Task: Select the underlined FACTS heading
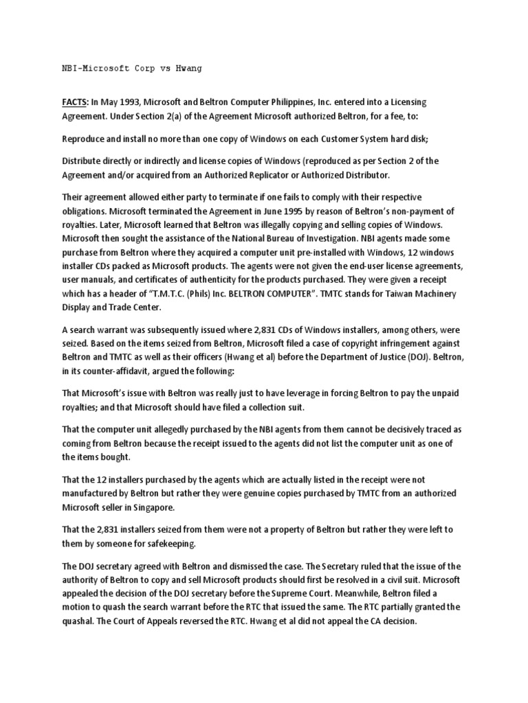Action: point(75,102)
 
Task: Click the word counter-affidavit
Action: point(131,371)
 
